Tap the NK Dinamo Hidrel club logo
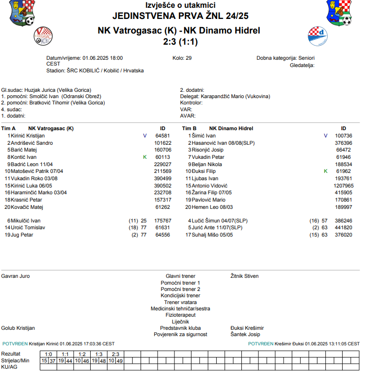point(318,35)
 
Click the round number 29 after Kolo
point(189,57)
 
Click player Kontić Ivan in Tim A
point(24,157)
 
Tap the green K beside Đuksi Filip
point(326,171)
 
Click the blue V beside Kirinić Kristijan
point(144,136)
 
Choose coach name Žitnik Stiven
point(244,276)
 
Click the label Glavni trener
point(180,276)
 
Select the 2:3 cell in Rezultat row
point(116,354)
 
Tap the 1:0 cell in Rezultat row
point(48,354)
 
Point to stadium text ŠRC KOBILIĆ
point(89,70)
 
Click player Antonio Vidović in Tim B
point(209,186)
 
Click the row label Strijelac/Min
point(16,360)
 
